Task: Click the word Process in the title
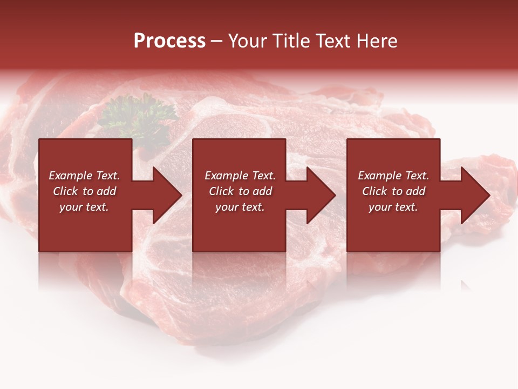coord(169,41)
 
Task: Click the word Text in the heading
coord(333,41)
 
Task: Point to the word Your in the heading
coord(250,41)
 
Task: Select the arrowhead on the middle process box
coord(320,195)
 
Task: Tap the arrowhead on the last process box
coord(474,195)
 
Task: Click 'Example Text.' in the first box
coord(85,176)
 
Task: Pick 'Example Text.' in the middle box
coord(240,176)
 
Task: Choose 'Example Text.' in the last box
coord(393,176)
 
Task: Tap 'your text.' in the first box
coord(84,207)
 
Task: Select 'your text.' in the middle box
coord(240,207)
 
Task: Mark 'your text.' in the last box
coord(393,207)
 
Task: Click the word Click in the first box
coord(65,191)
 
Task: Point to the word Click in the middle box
coord(221,191)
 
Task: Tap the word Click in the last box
coord(374,191)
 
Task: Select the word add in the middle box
coord(262,191)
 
